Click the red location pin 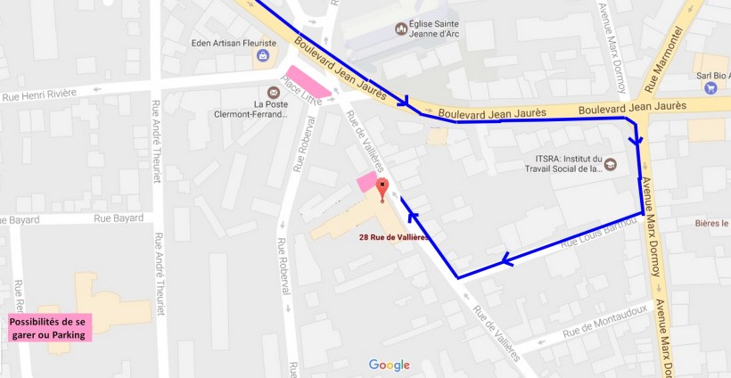(383, 188)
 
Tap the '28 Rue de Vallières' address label (394, 237)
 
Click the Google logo (390, 365)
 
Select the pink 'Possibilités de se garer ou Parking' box (51, 327)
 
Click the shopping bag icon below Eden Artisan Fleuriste (262, 58)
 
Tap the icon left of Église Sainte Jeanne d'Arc (401, 29)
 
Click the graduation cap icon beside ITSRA (610, 164)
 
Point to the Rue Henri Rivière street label (41, 96)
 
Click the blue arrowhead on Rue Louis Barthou (508, 260)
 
